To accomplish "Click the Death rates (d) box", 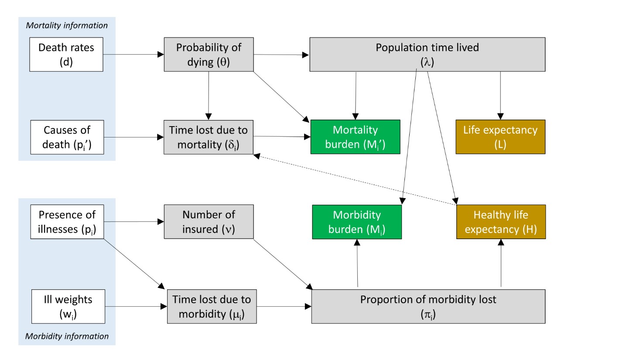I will [66, 55].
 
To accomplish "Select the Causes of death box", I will [67, 137].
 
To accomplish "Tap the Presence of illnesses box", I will [67, 222].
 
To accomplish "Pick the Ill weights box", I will [68, 306].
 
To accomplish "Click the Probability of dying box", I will [209, 55].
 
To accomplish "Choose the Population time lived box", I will [427, 55].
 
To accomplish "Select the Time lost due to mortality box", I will [209, 137].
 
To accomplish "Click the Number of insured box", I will [209, 222].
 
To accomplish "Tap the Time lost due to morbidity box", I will [212, 306].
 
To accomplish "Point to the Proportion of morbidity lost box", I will [428, 306].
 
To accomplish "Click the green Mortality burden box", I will [355, 137].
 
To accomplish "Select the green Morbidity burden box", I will [357, 222].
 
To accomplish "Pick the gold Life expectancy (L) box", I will [500, 137].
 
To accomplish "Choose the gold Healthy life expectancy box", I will [501, 222].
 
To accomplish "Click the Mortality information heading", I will [67, 25].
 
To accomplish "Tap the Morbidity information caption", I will [67, 336].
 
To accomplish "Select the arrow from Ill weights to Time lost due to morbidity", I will [136, 306].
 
